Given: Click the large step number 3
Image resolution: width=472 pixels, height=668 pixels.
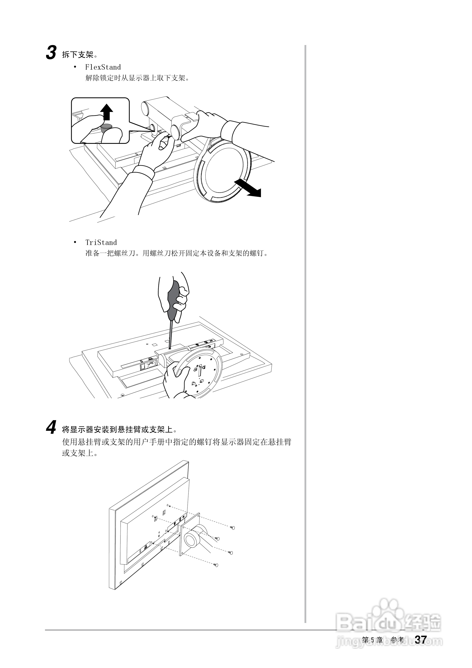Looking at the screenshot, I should [51, 53].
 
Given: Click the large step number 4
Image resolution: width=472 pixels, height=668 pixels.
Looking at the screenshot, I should [51, 429].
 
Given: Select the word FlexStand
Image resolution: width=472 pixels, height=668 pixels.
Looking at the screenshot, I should [103, 67].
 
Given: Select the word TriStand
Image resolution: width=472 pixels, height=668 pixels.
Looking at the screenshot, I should [101, 243].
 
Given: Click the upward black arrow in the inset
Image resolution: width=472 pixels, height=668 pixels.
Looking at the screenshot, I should [107, 112].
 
